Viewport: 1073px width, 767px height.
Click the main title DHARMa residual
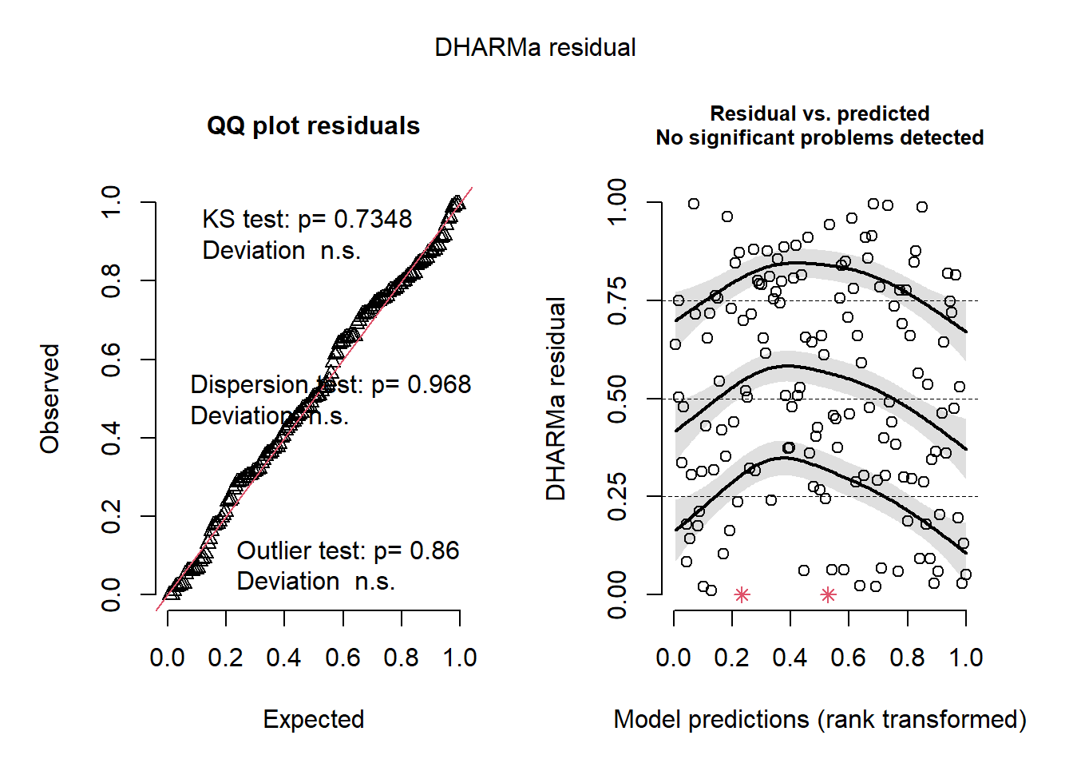535,48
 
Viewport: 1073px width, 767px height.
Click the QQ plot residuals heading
313,126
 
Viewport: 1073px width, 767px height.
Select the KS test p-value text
307,219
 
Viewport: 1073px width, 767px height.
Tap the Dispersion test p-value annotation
331,385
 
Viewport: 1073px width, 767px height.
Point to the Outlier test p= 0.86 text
348,550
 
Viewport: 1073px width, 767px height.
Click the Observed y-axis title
50,399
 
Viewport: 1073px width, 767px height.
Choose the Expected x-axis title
313,719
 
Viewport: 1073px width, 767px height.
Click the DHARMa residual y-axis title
556,399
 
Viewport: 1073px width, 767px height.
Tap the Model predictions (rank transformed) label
819,719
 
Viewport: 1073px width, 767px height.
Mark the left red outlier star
742,594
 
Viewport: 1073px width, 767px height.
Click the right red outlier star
828,594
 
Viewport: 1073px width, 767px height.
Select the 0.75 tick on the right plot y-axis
617,300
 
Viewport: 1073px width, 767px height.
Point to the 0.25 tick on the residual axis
617,496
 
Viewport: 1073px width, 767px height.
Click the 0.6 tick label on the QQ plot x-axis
342,658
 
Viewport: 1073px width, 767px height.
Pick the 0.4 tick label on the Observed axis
111,438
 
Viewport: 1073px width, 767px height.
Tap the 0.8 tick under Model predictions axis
908,658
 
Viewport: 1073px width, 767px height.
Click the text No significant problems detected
819,137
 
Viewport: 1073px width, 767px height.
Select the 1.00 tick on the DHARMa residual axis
617,203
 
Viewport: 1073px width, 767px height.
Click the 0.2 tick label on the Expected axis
225,658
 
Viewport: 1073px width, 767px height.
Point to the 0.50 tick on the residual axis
617,399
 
